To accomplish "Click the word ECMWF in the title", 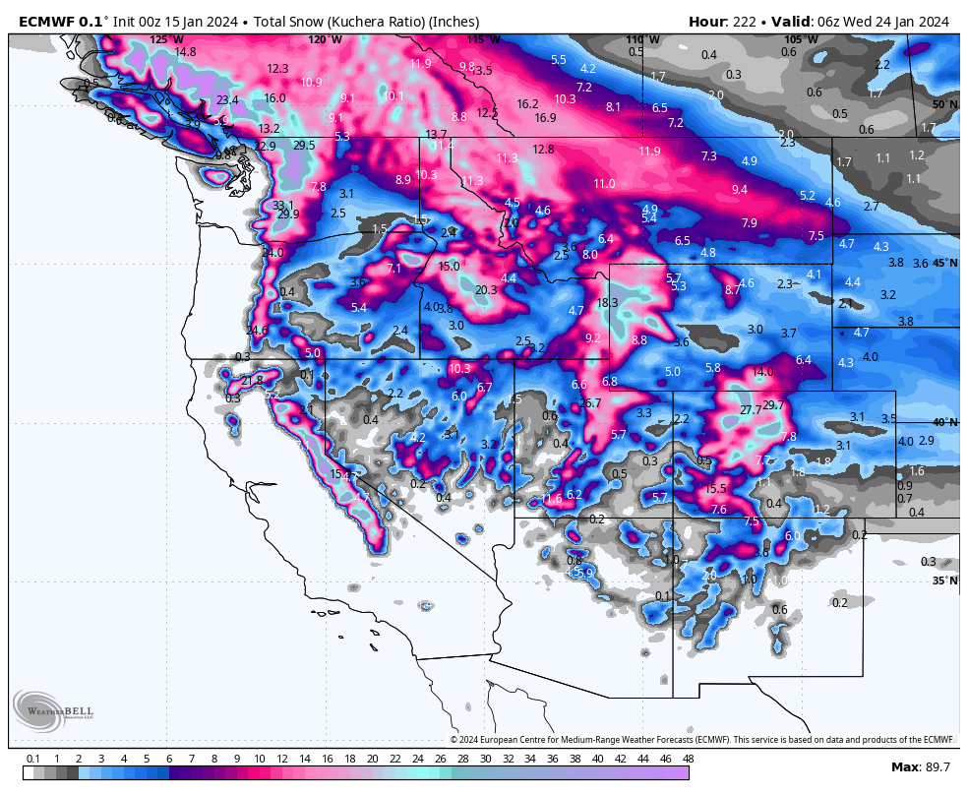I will click(45, 21).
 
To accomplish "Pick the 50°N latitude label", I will click(944, 104).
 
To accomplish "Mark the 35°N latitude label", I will click(944, 581).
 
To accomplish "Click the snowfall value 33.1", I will click(283, 205).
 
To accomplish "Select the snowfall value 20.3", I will click(486, 290).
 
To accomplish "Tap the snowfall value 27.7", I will click(751, 409).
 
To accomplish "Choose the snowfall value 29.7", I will click(773, 405).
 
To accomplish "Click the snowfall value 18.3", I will click(607, 303).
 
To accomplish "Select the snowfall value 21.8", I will click(252, 380).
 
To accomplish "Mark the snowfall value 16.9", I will click(545, 118).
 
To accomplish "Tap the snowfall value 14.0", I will click(762, 372).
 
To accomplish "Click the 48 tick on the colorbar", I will click(688, 759).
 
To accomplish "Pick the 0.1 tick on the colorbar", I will click(32, 759).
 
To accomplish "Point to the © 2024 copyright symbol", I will click(454, 740).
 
